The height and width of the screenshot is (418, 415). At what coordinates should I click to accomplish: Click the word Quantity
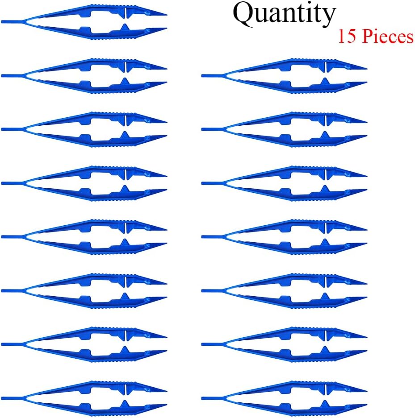[284, 14]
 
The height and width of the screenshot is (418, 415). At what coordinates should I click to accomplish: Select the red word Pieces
[387, 36]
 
